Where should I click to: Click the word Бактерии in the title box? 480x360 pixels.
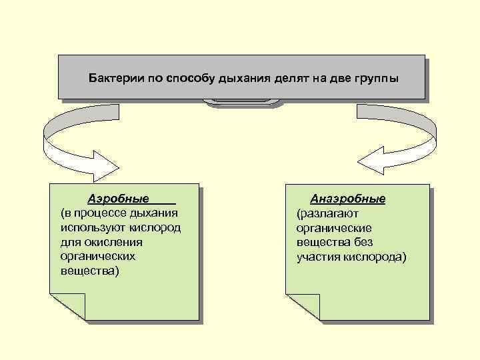112,77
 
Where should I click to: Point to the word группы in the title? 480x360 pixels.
375,77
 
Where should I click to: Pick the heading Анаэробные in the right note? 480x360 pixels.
348,199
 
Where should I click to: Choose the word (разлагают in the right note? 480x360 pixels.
328,213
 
